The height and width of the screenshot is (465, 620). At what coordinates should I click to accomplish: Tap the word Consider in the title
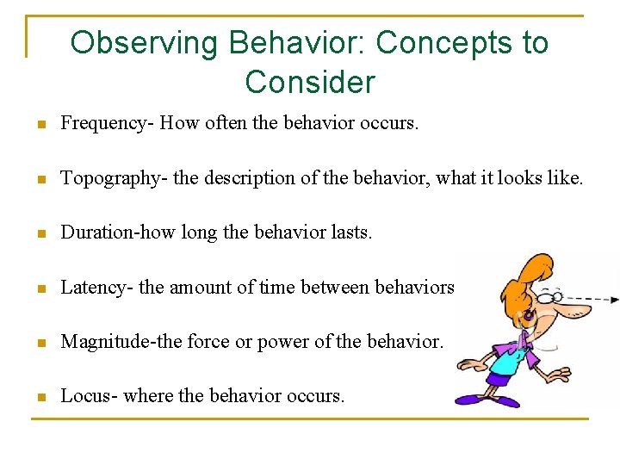click(x=310, y=83)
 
